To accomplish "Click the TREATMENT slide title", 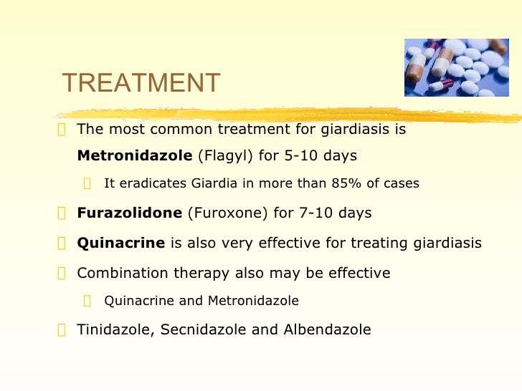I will pyautogui.click(x=141, y=84).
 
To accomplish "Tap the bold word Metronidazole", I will pyautogui.click(x=134, y=155).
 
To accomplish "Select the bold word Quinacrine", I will pyautogui.click(x=120, y=243).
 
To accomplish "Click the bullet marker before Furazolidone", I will pyautogui.click(x=62, y=214).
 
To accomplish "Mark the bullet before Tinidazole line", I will pyautogui.click(x=62, y=331).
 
